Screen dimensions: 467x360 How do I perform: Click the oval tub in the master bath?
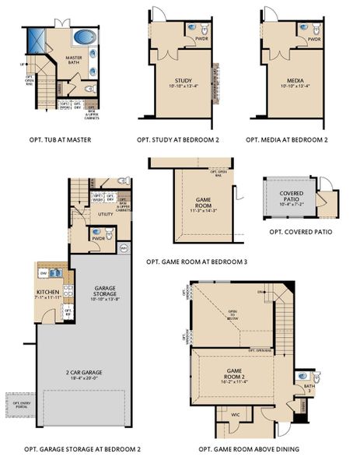[x=81, y=37]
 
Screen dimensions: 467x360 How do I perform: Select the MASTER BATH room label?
[x=74, y=61]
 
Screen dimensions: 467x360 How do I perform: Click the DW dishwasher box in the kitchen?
[x=44, y=273]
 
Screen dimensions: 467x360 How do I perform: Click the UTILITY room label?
[x=105, y=213]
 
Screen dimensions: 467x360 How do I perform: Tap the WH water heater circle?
[x=123, y=248]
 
